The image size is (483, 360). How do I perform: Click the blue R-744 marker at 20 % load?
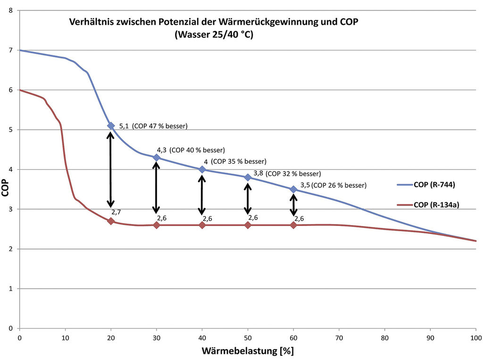click(x=111, y=126)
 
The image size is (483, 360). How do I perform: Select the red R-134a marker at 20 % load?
click(x=111, y=221)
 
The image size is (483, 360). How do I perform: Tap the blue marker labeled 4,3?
click(x=157, y=158)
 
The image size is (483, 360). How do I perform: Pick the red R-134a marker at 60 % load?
click(x=293, y=225)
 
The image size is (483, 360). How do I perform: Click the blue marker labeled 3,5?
click(x=293, y=189)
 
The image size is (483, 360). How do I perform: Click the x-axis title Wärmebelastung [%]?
click(x=248, y=351)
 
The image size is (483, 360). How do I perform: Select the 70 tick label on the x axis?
click(x=339, y=337)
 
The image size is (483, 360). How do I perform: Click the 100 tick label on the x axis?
click(x=475, y=337)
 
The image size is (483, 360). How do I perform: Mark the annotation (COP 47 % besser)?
click(x=160, y=126)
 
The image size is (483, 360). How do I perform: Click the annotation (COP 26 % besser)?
click(x=339, y=185)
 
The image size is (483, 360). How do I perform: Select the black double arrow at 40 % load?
click(x=202, y=195)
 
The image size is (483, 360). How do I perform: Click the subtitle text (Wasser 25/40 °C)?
click(x=214, y=34)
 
